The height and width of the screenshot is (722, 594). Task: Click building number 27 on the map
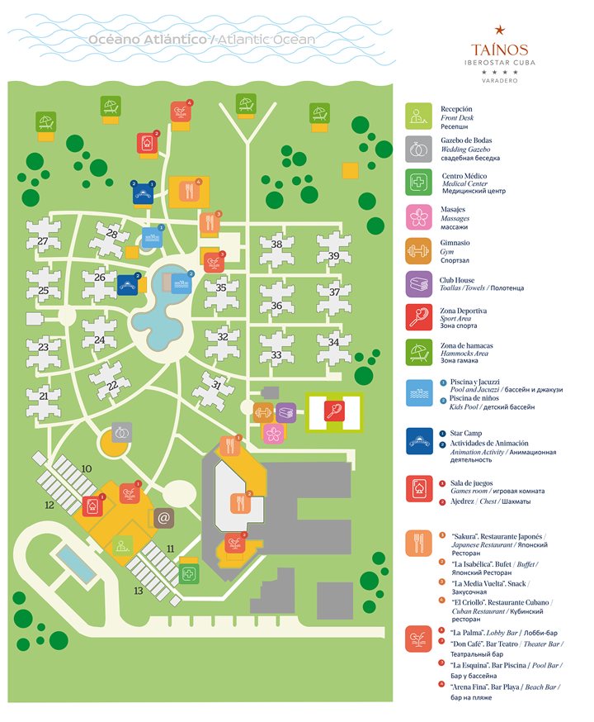[42, 240]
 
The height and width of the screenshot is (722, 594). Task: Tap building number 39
[333, 256]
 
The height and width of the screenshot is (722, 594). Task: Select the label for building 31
[216, 384]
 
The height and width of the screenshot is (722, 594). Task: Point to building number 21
[43, 396]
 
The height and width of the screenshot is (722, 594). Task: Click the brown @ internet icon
[163, 518]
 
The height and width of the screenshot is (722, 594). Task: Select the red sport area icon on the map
[333, 411]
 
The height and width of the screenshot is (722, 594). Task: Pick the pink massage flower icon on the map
[273, 431]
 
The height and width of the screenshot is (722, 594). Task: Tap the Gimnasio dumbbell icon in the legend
[418, 249]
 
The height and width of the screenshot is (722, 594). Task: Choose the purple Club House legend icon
[418, 283]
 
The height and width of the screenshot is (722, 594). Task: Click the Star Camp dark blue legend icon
[418, 441]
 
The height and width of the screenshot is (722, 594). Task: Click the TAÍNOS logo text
[500, 50]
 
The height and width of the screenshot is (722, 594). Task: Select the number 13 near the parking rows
[139, 591]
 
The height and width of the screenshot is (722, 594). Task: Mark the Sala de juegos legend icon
[418, 489]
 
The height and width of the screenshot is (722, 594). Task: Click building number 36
[276, 306]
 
